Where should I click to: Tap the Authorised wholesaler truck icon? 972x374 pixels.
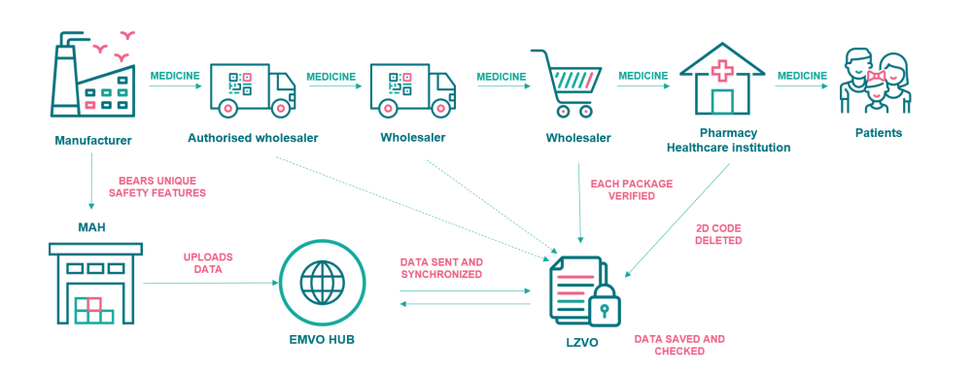[253, 90]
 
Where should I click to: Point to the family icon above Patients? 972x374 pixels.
[876, 83]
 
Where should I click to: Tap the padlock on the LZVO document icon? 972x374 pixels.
[604, 304]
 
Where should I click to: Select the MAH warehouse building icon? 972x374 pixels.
[95, 283]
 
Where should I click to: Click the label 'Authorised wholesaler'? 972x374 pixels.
[253, 138]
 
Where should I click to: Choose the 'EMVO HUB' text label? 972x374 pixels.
[321, 340]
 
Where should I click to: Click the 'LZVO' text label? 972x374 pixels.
[581, 342]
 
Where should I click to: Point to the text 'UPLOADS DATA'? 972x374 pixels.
[208, 262]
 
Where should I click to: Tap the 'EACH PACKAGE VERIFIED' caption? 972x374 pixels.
[631, 190]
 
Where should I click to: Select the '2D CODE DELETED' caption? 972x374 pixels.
[718, 234]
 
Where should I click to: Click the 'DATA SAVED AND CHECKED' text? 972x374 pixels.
[678, 345]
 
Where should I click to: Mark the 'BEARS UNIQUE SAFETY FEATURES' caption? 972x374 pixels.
[156, 187]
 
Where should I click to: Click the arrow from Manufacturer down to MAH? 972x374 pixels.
[91, 180]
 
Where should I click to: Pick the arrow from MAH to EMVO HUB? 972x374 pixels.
[211, 284]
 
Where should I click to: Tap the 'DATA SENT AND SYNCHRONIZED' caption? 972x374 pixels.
[441, 268]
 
